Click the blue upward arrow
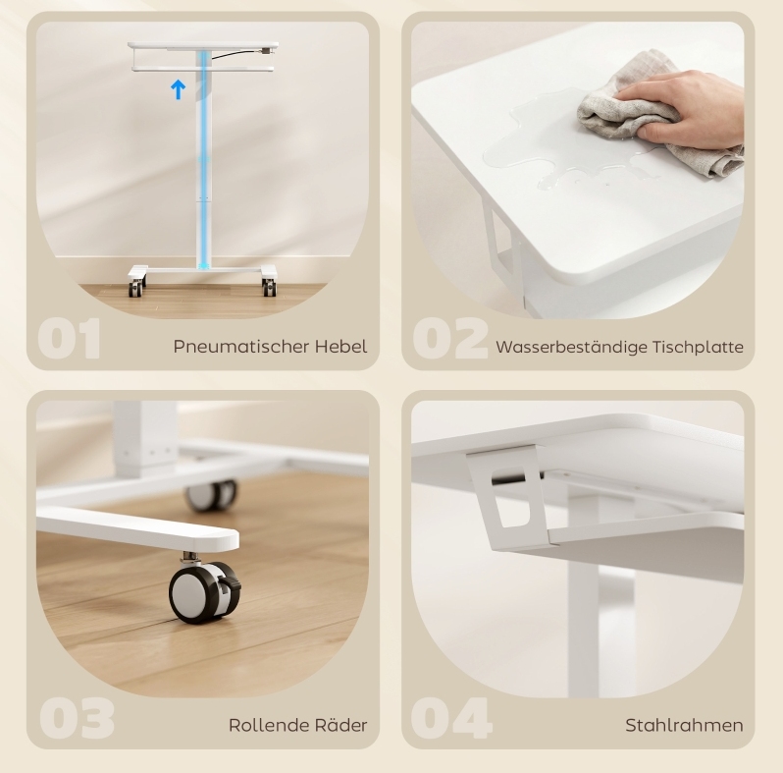tap(179, 90)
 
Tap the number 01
tap(69, 339)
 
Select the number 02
tap(450, 339)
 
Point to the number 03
tap(77, 718)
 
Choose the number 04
tap(451, 718)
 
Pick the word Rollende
tap(269, 725)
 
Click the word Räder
tap(341, 724)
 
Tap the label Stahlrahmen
tap(684, 725)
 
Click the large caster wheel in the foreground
tap(204, 591)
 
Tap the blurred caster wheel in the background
tap(212, 494)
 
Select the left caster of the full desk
tap(135, 289)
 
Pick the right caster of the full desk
tap(269, 287)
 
